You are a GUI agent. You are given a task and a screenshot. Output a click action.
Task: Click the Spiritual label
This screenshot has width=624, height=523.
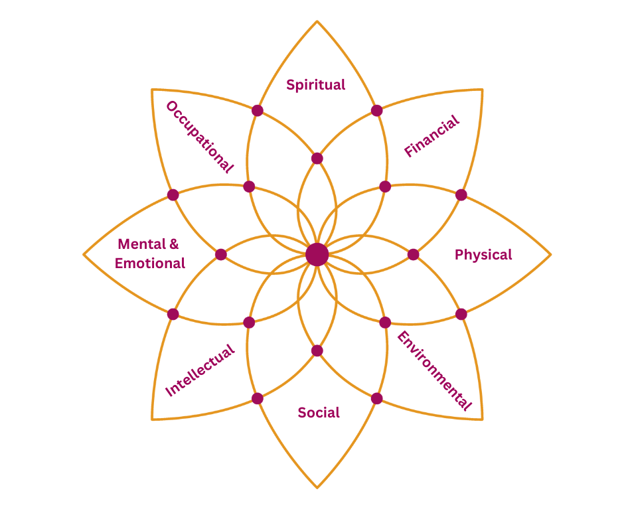coord(316,85)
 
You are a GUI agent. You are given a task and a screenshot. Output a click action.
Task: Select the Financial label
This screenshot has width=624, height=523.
coord(431,136)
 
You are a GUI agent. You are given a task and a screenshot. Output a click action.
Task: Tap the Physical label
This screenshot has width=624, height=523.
coord(483,255)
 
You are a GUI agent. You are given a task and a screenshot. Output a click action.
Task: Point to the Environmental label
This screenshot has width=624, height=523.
coord(435,371)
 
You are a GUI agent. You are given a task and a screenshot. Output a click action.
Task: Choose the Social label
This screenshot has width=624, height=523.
coord(319,413)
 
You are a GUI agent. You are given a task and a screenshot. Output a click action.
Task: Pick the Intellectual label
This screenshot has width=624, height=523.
coord(200,370)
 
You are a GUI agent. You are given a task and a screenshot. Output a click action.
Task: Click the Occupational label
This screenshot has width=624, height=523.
coord(200,136)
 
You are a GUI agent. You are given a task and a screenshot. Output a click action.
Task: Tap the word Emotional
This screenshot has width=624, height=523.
coord(150,263)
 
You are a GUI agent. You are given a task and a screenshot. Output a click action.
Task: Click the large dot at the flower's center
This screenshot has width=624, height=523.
coord(317,254)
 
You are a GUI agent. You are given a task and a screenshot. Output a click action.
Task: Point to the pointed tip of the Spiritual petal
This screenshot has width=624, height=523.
coord(317,21)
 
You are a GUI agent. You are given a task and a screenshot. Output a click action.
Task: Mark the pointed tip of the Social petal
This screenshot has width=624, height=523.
coord(317,488)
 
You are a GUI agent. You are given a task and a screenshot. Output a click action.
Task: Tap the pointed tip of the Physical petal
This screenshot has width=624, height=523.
coord(550,254)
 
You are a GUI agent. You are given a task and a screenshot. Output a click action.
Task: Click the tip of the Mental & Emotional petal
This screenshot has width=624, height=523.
coord(84,254)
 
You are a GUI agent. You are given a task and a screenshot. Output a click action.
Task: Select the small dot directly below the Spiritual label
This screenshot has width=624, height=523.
coord(317,159)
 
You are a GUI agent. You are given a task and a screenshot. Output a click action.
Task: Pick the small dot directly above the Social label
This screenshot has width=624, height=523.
coord(317,350)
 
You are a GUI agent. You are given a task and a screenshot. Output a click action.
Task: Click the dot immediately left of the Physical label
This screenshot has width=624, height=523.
coord(414,254)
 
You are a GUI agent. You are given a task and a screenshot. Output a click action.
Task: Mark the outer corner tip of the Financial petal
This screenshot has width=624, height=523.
coord(482,90)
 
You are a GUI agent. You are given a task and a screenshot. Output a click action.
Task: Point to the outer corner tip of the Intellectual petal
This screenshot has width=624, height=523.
coord(152,419)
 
